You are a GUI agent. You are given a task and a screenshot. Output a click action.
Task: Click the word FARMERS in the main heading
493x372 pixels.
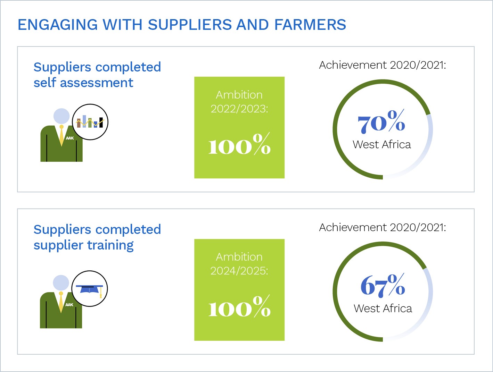coord(310,25)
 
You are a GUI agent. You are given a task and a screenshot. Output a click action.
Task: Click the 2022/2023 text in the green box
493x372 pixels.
coord(239,109)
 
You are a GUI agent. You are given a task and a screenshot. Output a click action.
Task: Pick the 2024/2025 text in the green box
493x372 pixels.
coord(239,271)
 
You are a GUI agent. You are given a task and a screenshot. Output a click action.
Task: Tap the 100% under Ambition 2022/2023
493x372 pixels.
coord(239,144)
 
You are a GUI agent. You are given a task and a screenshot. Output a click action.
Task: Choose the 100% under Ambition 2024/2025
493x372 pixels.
coord(239,307)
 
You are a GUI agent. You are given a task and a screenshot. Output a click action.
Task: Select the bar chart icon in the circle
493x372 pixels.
coord(90,122)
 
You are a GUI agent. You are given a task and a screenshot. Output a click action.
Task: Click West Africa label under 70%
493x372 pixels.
coord(381,144)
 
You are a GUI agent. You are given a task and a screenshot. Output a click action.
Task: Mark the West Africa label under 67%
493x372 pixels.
coord(383,308)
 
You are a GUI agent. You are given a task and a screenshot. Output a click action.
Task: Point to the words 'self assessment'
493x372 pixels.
coord(83,83)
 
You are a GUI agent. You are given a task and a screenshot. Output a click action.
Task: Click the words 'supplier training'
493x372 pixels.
coord(83,245)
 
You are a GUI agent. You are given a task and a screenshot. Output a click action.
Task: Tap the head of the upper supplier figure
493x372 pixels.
coord(61,116)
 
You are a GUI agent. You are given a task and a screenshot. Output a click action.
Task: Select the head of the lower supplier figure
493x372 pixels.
coord(61,282)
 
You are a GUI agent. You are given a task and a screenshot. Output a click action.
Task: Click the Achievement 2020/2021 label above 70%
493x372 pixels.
coord(383,65)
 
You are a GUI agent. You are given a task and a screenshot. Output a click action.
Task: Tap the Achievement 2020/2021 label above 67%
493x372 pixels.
coord(383,228)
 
